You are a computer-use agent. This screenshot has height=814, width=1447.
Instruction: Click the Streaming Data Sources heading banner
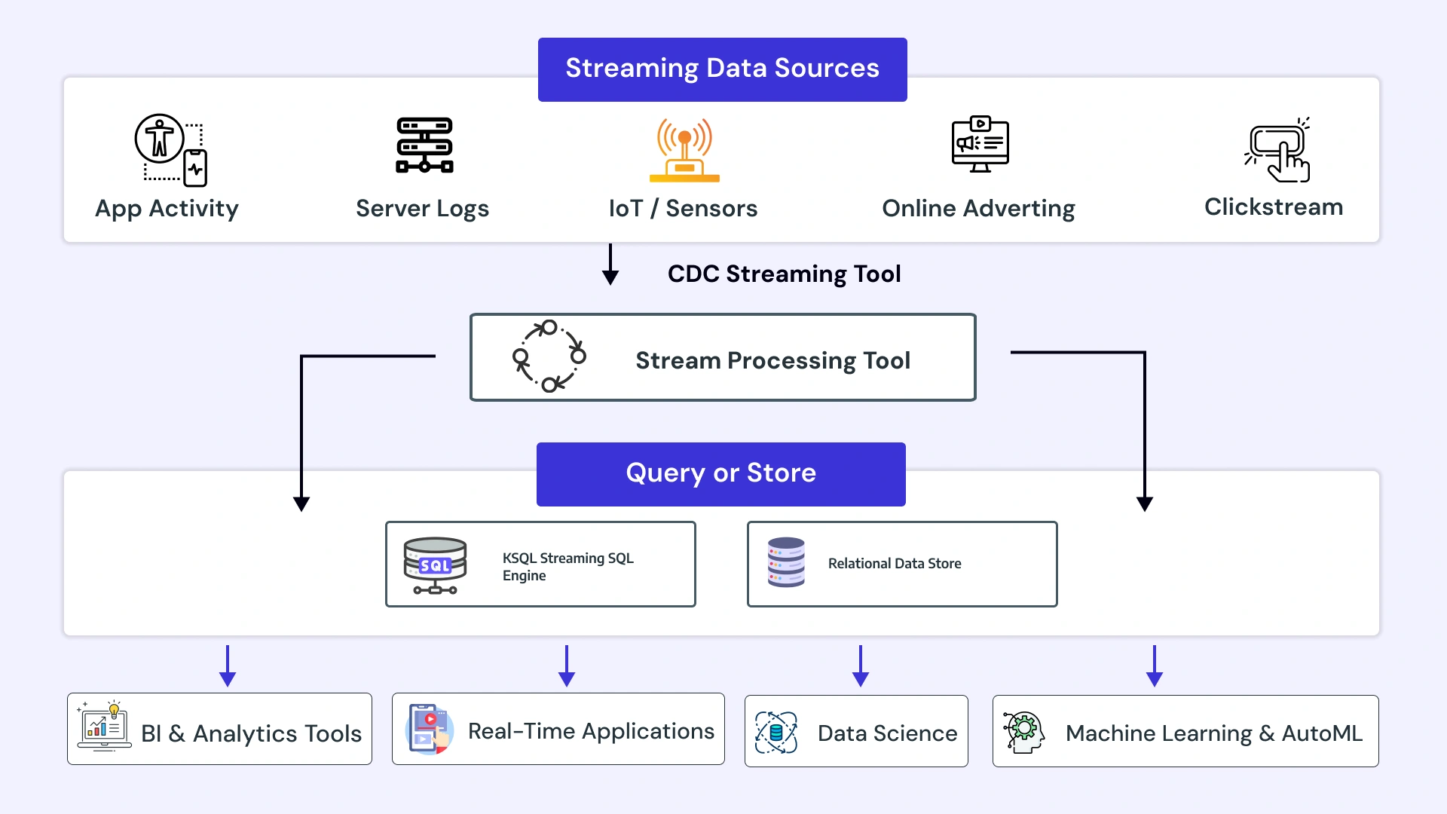[722, 69]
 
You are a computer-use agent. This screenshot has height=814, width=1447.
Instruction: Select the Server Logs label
[422, 208]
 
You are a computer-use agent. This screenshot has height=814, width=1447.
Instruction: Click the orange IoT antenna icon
[684, 150]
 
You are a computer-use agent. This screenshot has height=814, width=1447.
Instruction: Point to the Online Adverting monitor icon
[980, 144]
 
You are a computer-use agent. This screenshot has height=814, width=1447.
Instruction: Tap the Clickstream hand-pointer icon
[1278, 150]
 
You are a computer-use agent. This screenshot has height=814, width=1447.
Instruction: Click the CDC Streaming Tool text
[784, 274]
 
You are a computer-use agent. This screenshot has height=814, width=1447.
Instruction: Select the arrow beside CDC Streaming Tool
[610, 265]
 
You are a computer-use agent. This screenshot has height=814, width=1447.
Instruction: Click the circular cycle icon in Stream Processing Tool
[549, 356]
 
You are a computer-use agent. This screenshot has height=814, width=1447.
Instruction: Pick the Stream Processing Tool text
[772, 360]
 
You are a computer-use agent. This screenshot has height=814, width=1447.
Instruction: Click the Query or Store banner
[720, 473]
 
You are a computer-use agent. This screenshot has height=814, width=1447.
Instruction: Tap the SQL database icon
[435, 565]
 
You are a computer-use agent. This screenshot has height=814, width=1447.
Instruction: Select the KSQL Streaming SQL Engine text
[567, 566]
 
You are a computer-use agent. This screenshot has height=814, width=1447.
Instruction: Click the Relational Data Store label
[895, 563]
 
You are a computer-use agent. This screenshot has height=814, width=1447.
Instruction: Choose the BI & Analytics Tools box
[219, 729]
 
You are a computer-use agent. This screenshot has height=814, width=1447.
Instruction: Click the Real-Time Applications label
[591, 730]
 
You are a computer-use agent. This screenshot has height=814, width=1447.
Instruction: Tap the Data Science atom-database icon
[776, 732]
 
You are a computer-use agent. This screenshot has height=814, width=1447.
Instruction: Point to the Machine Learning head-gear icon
[1023, 732]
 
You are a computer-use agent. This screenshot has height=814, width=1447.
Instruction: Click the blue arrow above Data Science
[860, 666]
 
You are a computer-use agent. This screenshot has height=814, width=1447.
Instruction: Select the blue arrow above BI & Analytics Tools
[228, 666]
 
